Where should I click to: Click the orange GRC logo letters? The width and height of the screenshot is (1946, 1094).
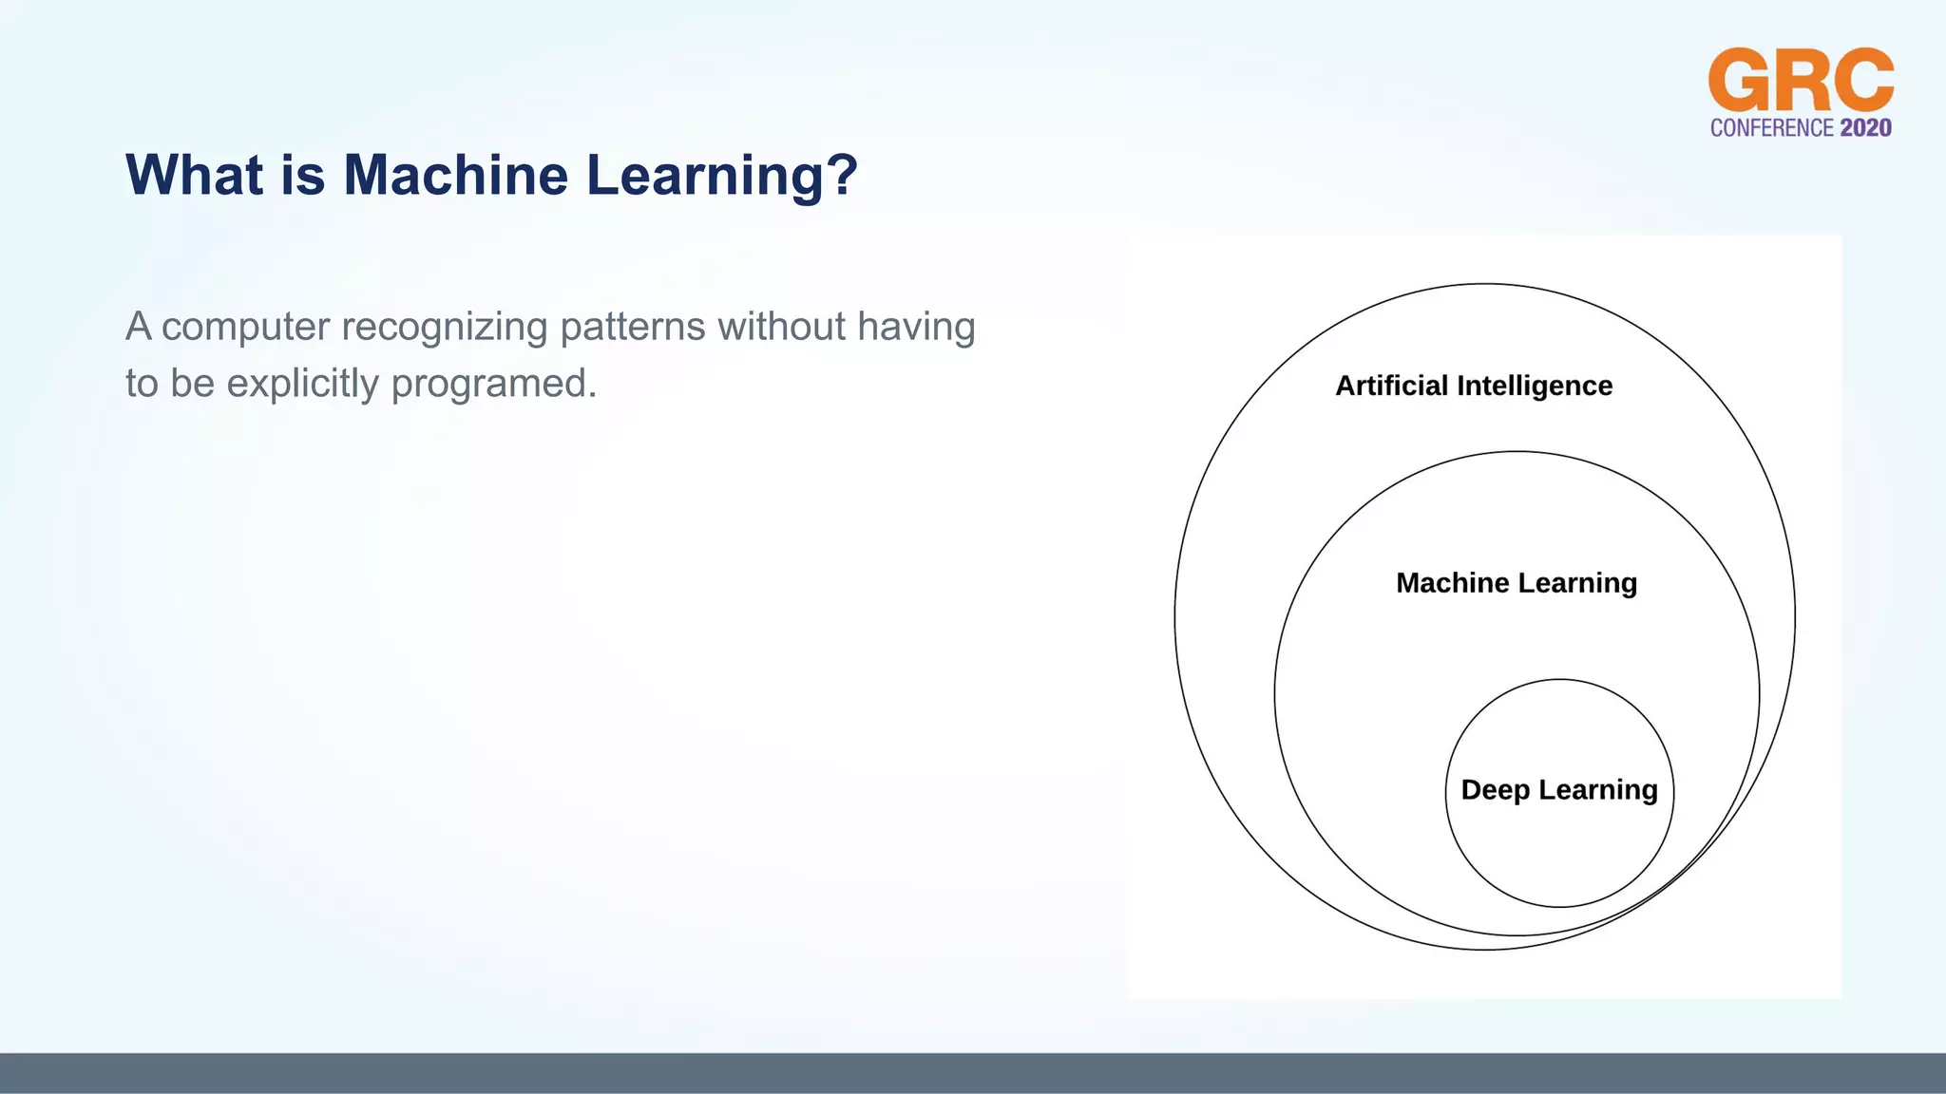pos(1801,82)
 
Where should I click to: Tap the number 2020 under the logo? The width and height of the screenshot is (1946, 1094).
pos(1865,128)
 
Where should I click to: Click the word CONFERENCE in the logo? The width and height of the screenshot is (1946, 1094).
pos(1772,128)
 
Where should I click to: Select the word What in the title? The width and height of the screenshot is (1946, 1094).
pos(194,176)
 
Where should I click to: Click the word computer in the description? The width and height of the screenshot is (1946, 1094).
pos(245,328)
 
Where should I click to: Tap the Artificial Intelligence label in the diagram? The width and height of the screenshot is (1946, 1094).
pos(1473,386)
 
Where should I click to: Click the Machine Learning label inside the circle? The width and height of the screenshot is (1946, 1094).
pos(1516,582)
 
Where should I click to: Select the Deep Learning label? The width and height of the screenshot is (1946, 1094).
pos(1558,790)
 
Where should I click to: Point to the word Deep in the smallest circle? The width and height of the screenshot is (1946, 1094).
pos(1495,790)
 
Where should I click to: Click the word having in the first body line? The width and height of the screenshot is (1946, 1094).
pos(916,328)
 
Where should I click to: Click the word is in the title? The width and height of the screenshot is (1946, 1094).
pos(302,176)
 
